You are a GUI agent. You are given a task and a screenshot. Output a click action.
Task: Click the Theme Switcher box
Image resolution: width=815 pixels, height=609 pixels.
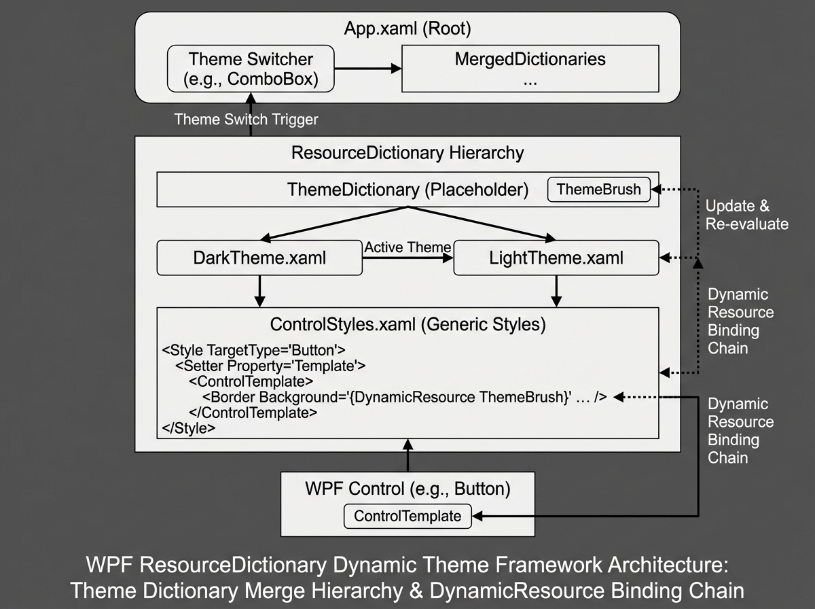pyautogui.click(x=251, y=69)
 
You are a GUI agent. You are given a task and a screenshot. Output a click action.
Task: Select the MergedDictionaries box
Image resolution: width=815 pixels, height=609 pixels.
pyautogui.click(x=530, y=69)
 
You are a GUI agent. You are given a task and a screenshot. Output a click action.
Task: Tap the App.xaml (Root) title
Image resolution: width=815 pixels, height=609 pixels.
pyautogui.click(x=407, y=29)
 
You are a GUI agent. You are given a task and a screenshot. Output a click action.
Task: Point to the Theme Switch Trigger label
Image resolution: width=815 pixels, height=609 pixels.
pyautogui.click(x=246, y=119)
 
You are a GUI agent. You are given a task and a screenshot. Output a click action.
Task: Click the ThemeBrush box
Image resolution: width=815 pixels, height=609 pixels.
pyautogui.click(x=598, y=190)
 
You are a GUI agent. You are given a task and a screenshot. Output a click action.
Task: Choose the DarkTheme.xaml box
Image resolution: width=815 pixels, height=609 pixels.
pyautogui.click(x=259, y=258)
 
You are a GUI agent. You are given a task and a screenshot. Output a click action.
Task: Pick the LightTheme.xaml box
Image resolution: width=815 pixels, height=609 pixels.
pyautogui.click(x=556, y=258)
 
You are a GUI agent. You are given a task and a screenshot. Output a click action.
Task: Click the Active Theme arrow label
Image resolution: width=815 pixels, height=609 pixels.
pyautogui.click(x=407, y=247)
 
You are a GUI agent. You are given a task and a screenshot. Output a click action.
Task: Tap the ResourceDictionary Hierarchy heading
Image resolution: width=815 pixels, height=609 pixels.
pyautogui.click(x=407, y=152)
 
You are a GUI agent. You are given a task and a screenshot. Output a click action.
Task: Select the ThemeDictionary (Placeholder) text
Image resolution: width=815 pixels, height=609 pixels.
pyautogui.click(x=407, y=190)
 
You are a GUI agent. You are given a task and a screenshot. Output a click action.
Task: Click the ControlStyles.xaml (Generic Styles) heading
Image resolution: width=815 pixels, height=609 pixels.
pyautogui.click(x=407, y=324)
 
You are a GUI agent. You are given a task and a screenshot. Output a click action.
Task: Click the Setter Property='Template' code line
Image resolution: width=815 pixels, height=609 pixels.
pyautogui.click(x=270, y=366)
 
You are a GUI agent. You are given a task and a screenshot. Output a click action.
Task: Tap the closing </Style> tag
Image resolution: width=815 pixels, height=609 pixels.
pyautogui.click(x=189, y=428)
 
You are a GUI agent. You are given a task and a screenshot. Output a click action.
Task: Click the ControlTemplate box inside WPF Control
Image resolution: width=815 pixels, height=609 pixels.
pyautogui.click(x=407, y=516)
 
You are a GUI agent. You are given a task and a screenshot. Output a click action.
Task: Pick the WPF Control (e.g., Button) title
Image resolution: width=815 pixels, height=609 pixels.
pyautogui.click(x=407, y=489)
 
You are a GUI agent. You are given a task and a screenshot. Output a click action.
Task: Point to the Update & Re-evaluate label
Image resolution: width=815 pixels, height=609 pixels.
pyautogui.click(x=746, y=215)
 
